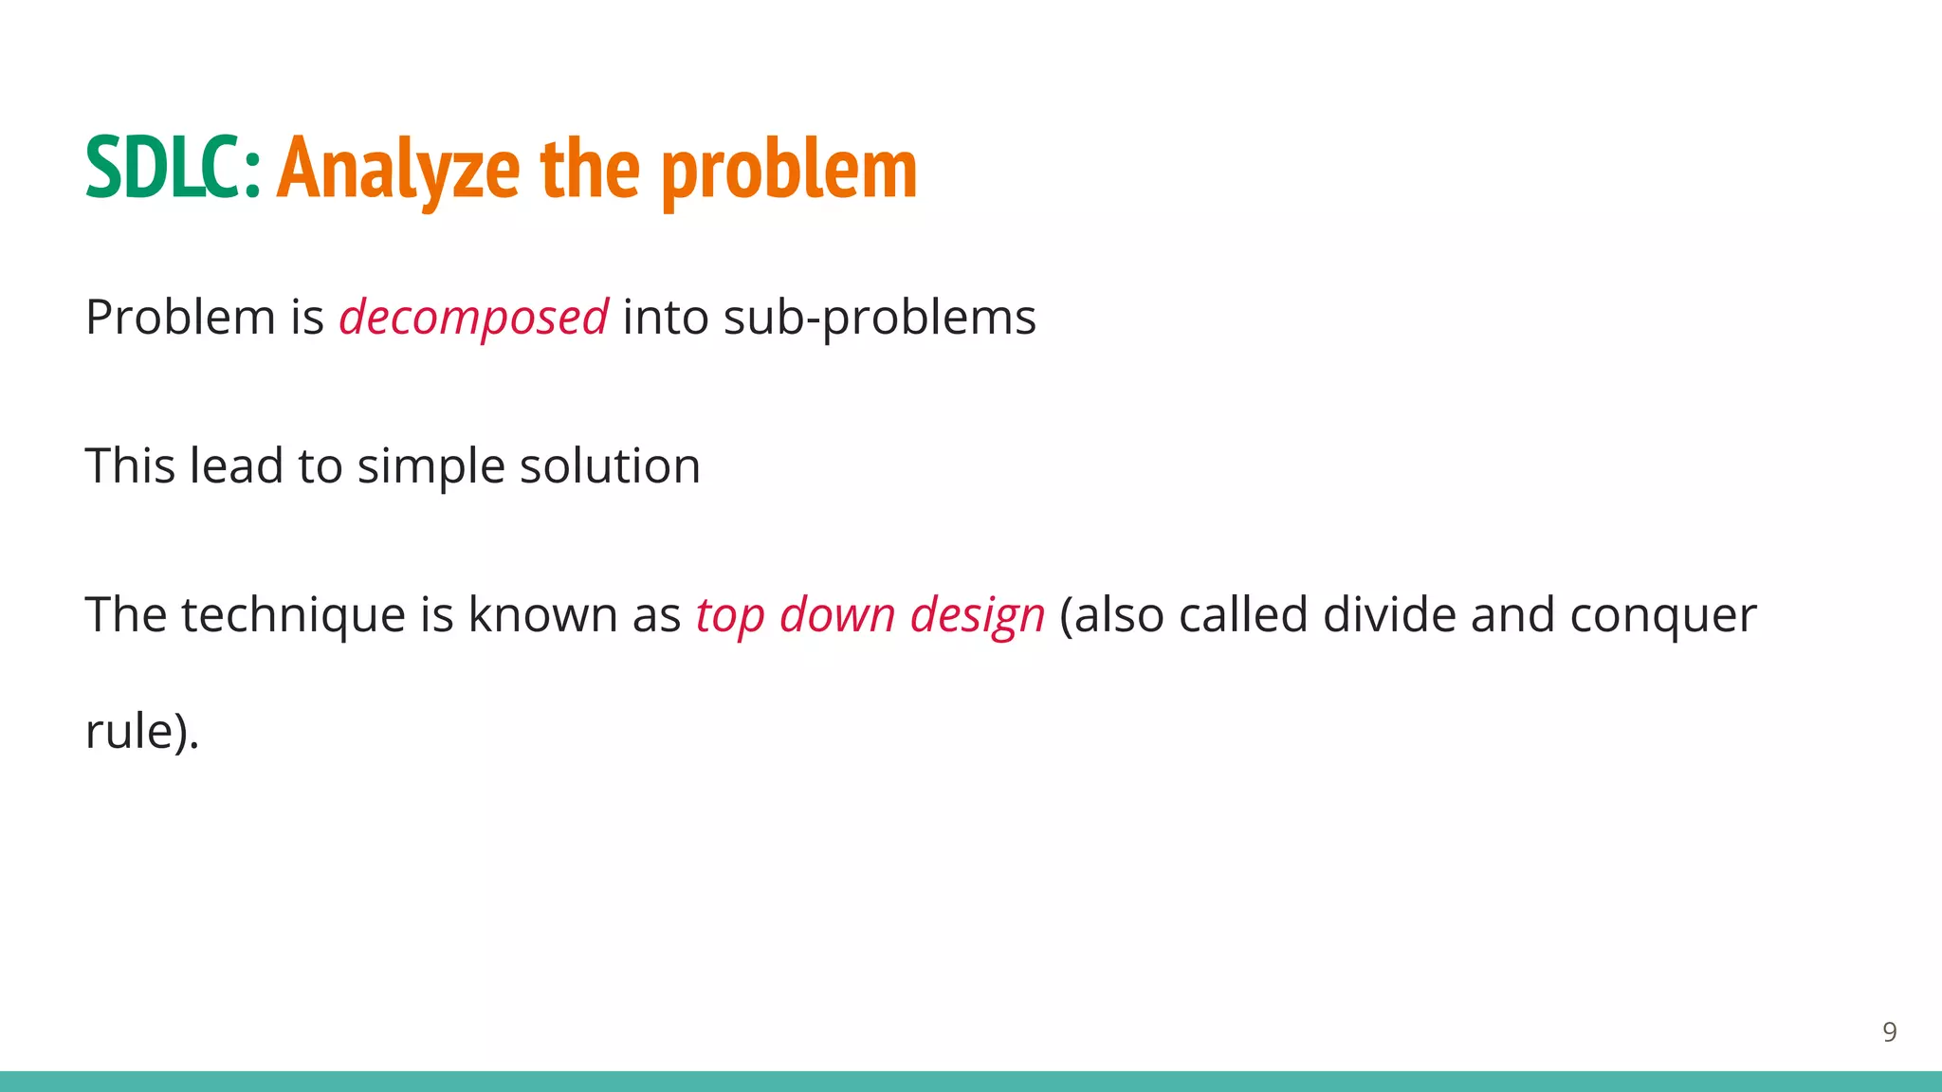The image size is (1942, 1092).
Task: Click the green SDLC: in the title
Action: [x=173, y=168]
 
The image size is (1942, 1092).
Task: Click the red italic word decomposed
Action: [x=473, y=318]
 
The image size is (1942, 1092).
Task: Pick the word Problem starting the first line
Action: [x=180, y=317]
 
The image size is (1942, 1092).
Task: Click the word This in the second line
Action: [x=130, y=465]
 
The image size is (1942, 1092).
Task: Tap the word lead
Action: [x=237, y=465]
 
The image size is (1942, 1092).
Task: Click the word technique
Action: [x=293, y=615]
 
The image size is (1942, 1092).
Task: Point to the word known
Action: [x=542, y=614]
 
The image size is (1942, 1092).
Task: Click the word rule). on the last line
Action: [x=142, y=731]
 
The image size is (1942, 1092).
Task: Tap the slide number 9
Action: [x=1889, y=1032]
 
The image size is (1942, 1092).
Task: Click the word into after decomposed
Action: [x=665, y=318]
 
